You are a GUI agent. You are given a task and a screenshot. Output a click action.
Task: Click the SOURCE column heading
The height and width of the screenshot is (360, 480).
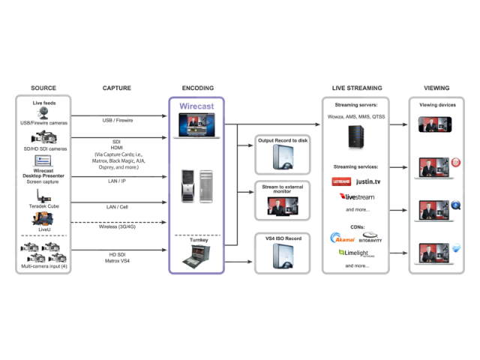(x=43, y=88)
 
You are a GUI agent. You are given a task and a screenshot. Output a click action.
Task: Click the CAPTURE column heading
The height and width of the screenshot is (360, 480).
(x=117, y=88)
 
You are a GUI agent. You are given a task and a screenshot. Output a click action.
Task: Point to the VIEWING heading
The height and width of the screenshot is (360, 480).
(x=436, y=88)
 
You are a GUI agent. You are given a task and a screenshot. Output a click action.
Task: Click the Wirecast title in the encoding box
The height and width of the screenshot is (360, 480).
(x=196, y=106)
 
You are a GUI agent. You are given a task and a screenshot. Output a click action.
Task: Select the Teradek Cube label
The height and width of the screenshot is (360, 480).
(x=43, y=205)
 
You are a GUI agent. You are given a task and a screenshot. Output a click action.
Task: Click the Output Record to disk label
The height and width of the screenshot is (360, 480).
(x=283, y=141)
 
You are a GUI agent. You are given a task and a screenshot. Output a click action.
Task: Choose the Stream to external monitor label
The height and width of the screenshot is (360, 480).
(x=283, y=188)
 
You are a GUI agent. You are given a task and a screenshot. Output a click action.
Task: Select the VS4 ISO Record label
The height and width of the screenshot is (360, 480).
(x=283, y=238)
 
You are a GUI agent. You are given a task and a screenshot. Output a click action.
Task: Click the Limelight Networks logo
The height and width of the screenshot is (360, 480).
(x=357, y=253)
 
